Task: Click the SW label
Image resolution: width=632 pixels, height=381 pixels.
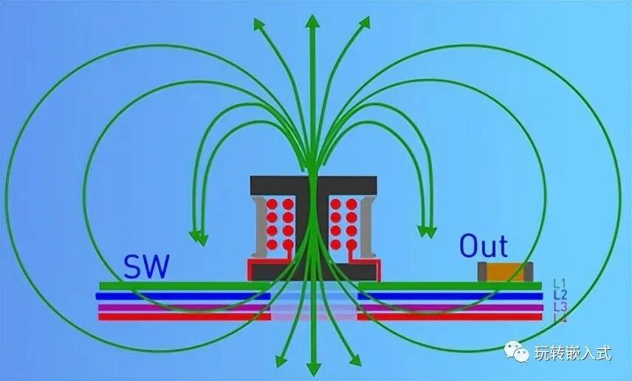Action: coord(146,267)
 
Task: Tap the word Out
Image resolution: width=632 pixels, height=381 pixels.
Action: coord(484,247)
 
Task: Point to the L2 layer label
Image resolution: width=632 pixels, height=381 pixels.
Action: coord(559,295)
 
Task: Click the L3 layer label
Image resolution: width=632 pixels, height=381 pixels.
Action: coord(559,306)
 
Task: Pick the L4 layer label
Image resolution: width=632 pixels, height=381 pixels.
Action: coord(559,317)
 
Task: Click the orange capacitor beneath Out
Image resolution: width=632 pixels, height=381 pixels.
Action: coord(505,272)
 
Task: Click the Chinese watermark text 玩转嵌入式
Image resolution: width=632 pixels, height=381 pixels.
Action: coord(573,353)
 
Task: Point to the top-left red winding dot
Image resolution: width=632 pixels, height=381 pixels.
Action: coord(272,204)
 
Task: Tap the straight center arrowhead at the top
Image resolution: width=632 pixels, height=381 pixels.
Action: coord(313,21)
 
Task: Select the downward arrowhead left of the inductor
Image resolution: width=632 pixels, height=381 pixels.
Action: coord(197,236)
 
